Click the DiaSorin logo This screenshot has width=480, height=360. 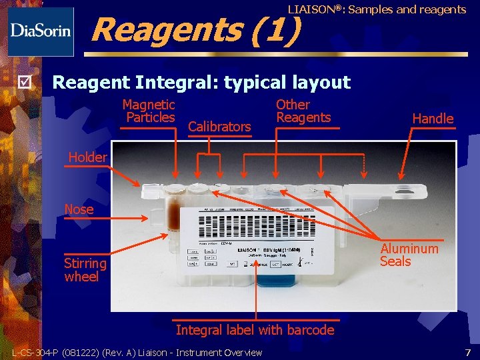point(40,31)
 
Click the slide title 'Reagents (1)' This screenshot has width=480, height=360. point(195,29)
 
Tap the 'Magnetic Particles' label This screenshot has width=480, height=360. point(149,111)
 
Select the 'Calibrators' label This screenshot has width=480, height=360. point(219,127)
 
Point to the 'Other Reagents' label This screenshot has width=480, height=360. point(303,111)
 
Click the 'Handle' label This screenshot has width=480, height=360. point(433,119)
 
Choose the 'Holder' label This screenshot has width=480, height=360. point(88,157)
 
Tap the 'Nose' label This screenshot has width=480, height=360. point(79,209)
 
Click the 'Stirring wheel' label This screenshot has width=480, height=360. point(85,269)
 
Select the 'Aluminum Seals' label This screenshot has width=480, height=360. point(409,255)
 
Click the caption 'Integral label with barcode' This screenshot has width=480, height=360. point(255,330)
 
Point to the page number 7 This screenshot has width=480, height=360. point(467,351)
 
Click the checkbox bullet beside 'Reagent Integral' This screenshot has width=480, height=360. point(25,83)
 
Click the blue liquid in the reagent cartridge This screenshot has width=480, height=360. point(271,282)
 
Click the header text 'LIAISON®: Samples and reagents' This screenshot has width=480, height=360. point(377,9)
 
